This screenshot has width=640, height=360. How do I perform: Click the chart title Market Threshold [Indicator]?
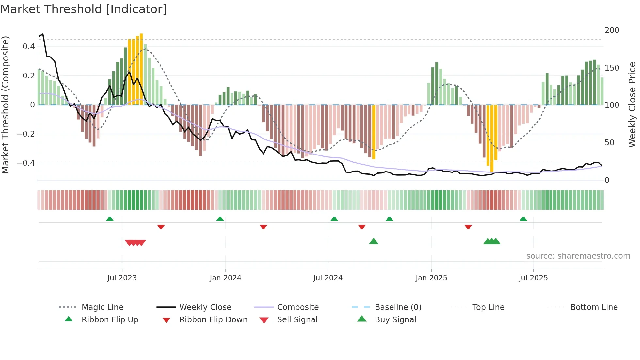(84, 9)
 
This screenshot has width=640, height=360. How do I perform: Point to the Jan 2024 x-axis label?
(225, 278)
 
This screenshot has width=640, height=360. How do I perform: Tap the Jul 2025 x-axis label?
(533, 278)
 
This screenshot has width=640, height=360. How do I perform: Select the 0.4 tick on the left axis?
(29, 47)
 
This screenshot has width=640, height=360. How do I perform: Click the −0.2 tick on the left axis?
(26, 134)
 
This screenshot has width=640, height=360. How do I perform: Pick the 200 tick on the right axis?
(612, 30)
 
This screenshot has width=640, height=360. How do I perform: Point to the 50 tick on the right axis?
(609, 143)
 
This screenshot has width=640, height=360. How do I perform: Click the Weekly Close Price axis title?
(632, 105)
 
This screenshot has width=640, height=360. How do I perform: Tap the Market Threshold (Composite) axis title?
(5, 105)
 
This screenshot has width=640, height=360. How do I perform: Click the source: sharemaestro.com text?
(578, 256)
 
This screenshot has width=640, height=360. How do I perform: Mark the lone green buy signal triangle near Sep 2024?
(374, 242)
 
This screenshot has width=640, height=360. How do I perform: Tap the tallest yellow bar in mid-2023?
(141, 69)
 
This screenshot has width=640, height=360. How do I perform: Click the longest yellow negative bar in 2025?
(492, 138)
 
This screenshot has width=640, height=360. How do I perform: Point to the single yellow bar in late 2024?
(374, 132)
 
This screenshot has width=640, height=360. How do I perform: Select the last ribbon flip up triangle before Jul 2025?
(523, 219)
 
